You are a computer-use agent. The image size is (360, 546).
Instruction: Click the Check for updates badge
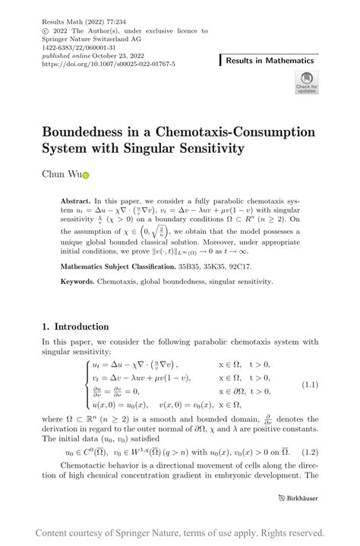click(x=306, y=83)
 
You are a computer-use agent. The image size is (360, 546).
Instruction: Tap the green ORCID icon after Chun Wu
click(x=86, y=176)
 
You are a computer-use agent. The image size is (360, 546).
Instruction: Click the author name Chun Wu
click(x=60, y=175)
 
